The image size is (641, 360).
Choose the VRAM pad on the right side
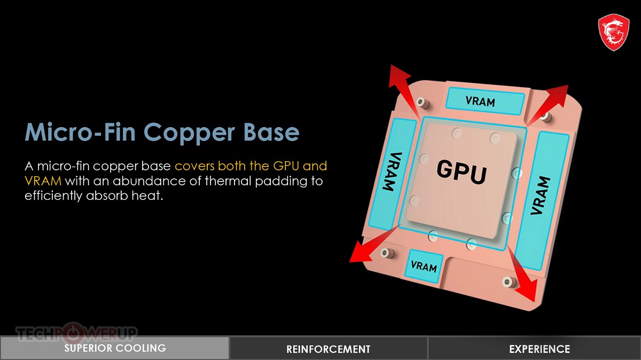539,197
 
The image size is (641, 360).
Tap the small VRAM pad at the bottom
424,265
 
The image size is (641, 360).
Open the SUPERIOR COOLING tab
115,348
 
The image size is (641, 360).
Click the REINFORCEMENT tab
328,349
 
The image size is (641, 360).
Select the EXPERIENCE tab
539,349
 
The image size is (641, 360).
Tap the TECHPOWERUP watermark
77,334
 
